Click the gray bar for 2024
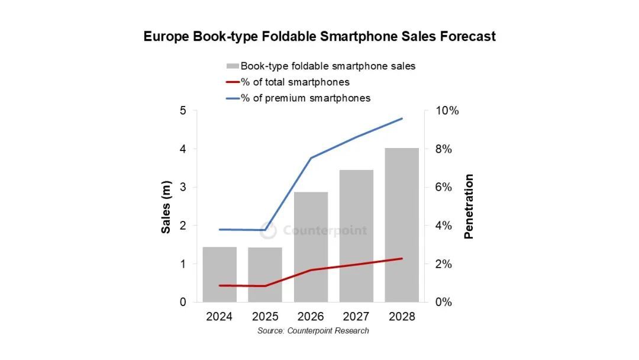[x=220, y=274]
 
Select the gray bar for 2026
[x=311, y=247]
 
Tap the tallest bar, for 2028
[x=402, y=225]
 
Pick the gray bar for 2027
[x=356, y=236]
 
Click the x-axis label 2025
[x=265, y=317]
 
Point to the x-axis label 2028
[x=402, y=317]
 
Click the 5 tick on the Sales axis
[x=183, y=111]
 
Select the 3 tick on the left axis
[x=183, y=187]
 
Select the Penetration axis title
[x=469, y=206]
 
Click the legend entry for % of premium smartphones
[x=305, y=98]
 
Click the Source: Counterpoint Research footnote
[x=313, y=330]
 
